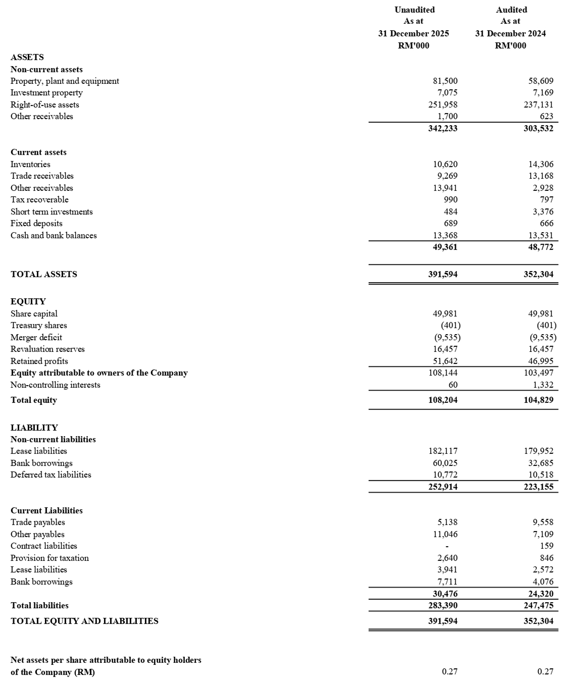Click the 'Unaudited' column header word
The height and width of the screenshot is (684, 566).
414,10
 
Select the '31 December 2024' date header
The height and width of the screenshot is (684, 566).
510,33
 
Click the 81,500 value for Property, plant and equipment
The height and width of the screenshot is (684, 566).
445,81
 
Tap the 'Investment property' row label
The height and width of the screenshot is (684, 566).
46,93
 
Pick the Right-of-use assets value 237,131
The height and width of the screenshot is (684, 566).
539,104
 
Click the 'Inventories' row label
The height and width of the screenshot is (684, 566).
30,164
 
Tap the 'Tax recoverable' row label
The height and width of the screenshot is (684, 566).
39,199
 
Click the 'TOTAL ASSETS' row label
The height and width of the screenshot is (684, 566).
44,274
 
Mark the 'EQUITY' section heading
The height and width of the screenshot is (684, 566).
28,301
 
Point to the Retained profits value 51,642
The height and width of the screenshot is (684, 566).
445,361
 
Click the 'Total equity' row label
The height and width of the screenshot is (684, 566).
34,400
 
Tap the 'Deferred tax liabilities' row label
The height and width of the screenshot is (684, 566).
51,475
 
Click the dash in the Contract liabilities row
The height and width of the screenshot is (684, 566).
447,546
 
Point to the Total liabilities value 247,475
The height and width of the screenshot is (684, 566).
538,605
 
